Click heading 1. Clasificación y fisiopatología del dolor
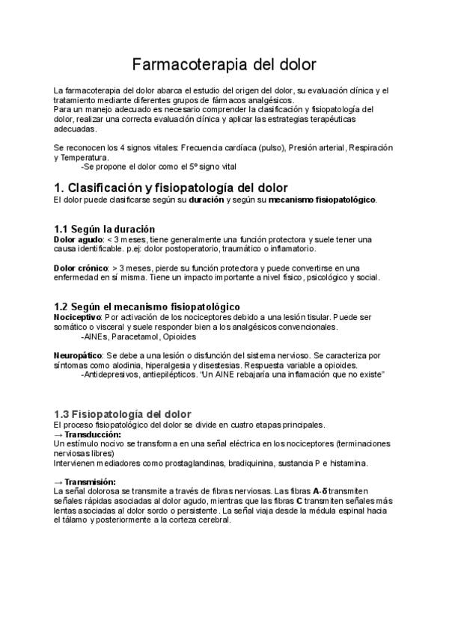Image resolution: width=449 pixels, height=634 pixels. [x=171, y=188]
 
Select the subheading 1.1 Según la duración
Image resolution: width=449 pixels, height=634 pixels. [x=105, y=228]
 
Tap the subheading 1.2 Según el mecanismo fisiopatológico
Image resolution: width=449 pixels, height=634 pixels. [x=147, y=307]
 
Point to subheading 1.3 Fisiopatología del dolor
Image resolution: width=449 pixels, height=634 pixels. [x=123, y=413]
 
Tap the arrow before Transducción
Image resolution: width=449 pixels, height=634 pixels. [x=59, y=434]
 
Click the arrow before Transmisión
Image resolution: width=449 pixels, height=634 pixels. [x=59, y=482]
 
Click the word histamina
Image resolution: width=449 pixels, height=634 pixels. [x=349, y=463]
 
